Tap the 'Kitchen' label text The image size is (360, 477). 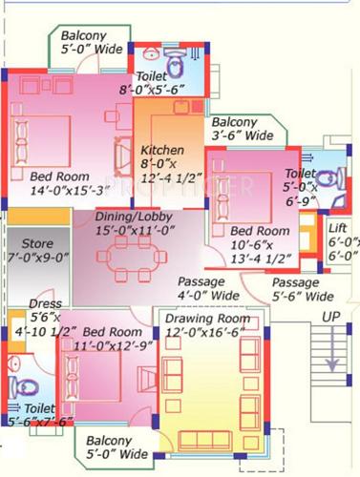pyautogui.click(x=161, y=151)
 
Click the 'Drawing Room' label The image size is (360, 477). pyautogui.click(x=207, y=319)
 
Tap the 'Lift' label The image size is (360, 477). pyautogui.click(x=337, y=228)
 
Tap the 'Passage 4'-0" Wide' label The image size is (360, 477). pyautogui.click(x=208, y=290)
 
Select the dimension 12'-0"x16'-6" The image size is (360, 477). pyautogui.click(x=206, y=332)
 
